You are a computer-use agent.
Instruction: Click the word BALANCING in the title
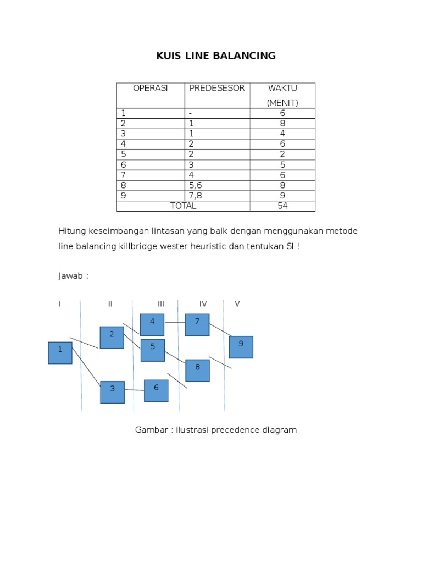[247, 56]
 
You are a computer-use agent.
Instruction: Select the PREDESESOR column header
[216, 88]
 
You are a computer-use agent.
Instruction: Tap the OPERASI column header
[151, 88]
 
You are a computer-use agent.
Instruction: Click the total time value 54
[282, 206]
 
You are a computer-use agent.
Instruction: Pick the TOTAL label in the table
[183, 206]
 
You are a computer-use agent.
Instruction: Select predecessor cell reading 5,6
[196, 185]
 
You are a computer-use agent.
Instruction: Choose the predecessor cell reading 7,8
[196, 196]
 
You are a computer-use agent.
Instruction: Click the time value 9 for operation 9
[282, 196]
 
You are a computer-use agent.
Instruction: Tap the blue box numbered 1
[60, 352]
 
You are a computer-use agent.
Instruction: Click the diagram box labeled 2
[112, 337]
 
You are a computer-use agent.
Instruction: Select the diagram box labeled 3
[112, 392]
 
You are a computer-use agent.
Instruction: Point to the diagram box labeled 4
[152, 324]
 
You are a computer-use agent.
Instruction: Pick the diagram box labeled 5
[153, 350]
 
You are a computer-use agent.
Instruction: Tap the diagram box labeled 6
[156, 390]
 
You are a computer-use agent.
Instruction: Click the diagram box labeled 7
[197, 324]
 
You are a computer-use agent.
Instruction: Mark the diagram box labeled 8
[197, 370]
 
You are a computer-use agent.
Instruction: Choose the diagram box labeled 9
[241, 347]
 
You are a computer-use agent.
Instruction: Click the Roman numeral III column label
[161, 304]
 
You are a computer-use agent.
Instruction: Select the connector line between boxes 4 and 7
[175, 322]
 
